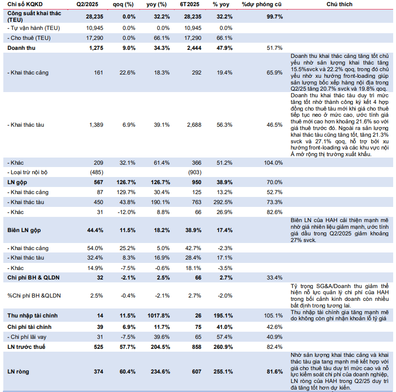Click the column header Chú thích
coord(339,4)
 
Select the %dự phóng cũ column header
coord(261,4)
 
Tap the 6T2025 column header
coord(190,4)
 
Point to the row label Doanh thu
coord(21,48)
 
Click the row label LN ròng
coord(18,372)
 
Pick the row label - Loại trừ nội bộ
coord(28,172)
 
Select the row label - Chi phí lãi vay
coord(27,337)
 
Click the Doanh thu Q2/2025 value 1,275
coord(96,48)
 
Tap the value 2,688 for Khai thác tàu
coord(194,125)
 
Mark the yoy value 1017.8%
coord(158,316)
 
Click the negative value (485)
coord(97,172)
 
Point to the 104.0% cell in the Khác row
coord(273,163)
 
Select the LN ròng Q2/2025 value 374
coord(99,372)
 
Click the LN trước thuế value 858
coord(196,347)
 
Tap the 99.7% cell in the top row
coord(275,17)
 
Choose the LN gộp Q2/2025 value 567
coord(99,182)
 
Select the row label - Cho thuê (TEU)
coord(29,38)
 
